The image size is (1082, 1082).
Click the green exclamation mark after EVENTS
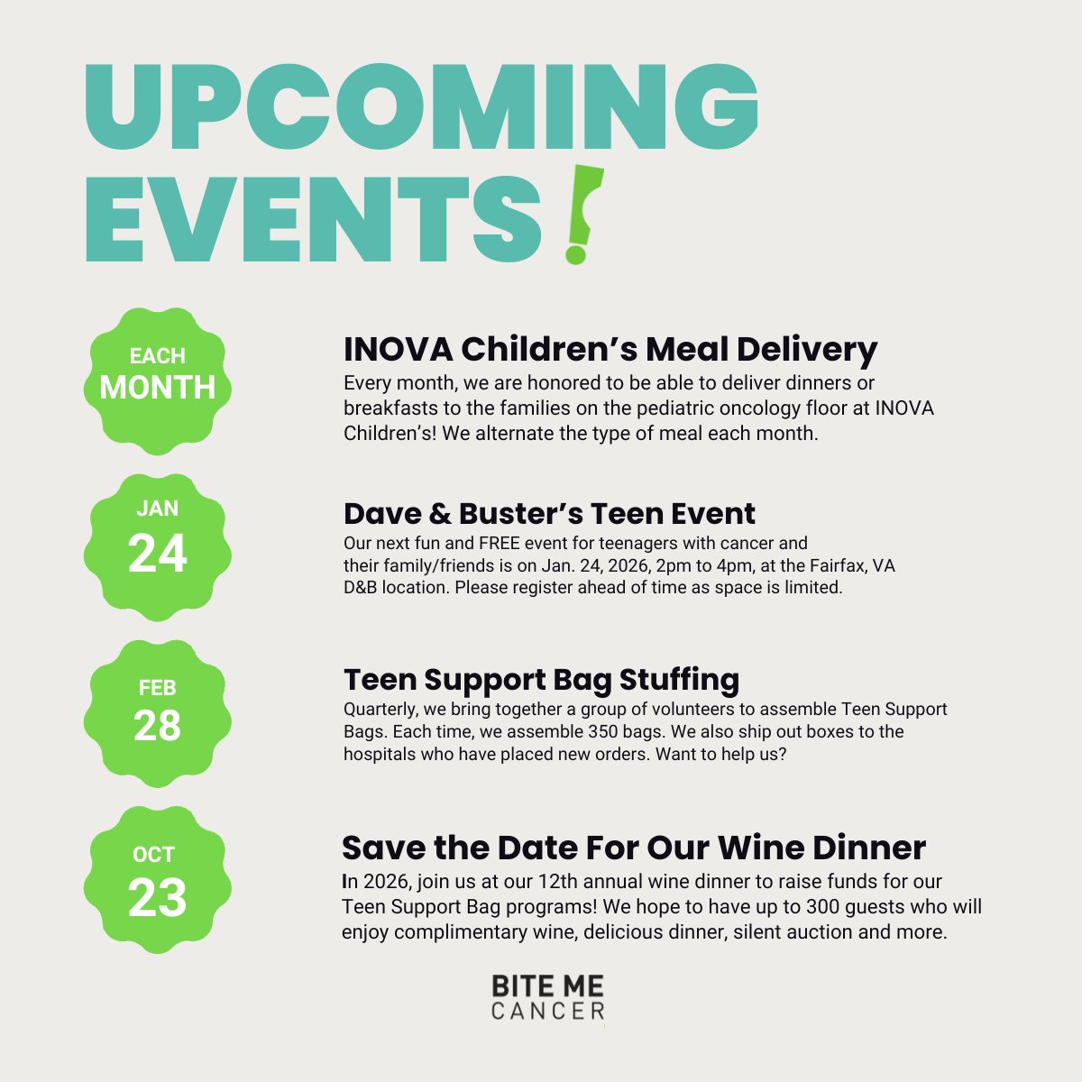(x=581, y=215)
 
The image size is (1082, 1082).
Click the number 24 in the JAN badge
(x=157, y=554)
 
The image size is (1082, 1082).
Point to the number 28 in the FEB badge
(x=157, y=725)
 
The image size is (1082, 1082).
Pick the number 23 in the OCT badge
(x=157, y=897)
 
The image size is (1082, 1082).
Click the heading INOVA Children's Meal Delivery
(x=610, y=349)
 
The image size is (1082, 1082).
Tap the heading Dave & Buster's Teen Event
(x=549, y=513)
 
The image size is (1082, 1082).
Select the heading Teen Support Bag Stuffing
(x=541, y=679)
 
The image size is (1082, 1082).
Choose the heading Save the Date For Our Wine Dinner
(x=633, y=848)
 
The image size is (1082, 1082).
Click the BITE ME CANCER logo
(x=548, y=997)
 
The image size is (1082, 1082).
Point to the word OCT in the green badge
(x=154, y=854)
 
